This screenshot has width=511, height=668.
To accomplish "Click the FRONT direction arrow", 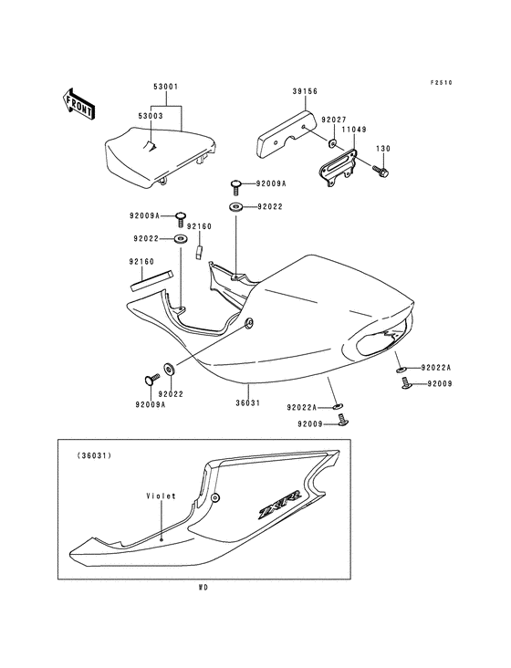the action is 78,103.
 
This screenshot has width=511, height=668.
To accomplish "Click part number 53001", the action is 166,87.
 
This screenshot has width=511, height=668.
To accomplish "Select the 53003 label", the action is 151,116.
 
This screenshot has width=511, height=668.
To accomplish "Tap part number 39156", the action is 305,91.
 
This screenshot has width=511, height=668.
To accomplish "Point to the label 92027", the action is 334,120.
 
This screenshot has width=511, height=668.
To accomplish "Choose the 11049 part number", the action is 353,130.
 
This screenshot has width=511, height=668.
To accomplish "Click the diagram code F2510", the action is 441,83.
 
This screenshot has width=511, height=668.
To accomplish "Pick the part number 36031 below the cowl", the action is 247,402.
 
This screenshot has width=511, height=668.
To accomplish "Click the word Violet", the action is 161,496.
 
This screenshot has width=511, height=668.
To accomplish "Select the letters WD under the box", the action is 203,588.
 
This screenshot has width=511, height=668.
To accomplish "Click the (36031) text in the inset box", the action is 94,455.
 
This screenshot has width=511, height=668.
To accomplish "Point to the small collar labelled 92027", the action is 332,143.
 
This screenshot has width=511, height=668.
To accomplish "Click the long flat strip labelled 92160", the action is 152,279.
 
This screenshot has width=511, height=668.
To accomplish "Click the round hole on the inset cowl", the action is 215,497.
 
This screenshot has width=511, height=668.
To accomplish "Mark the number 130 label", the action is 383,149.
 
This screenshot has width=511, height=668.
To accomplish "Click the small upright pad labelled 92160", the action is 199,251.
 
